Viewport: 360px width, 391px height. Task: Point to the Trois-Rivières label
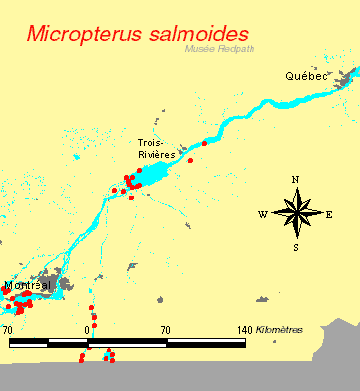click(157, 148)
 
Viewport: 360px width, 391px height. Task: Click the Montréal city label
click(28, 285)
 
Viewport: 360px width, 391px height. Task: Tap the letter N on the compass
click(295, 179)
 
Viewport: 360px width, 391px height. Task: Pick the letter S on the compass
click(295, 248)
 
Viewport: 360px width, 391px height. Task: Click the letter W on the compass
click(263, 214)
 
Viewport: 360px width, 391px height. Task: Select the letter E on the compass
click(329, 214)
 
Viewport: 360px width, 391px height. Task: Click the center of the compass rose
click(296, 213)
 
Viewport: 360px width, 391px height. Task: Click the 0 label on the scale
click(88, 329)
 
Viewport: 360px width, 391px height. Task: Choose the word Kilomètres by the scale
click(279, 329)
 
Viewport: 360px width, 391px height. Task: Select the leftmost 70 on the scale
click(8, 329)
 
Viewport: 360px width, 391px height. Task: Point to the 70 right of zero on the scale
click(165, 329)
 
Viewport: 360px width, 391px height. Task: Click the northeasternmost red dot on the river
click(205, 144)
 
